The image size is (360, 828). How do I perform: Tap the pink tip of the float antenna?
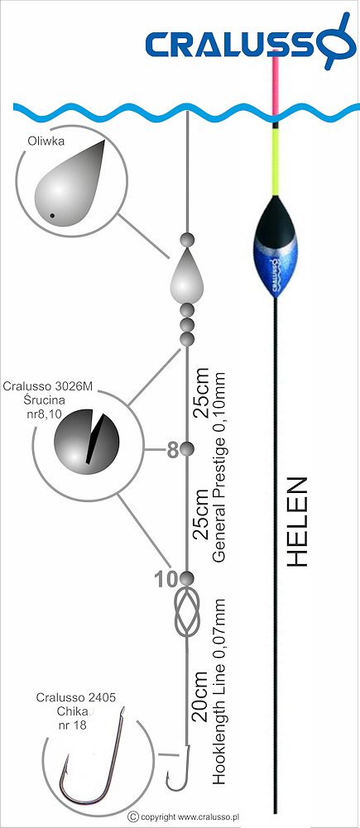[275, 87]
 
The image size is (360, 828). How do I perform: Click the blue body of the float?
[275, 246]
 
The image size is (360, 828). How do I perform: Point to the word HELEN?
[299, 523]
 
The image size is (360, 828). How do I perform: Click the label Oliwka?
[43, 141]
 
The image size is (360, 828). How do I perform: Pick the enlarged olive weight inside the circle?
[69, 181]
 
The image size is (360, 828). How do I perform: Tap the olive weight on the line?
[186, 275]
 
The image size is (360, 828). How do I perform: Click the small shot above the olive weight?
[186, 239]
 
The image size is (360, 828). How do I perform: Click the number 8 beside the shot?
[172, 450]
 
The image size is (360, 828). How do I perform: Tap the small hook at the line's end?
[178, 768]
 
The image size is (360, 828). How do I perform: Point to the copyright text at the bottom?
[185, 816]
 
